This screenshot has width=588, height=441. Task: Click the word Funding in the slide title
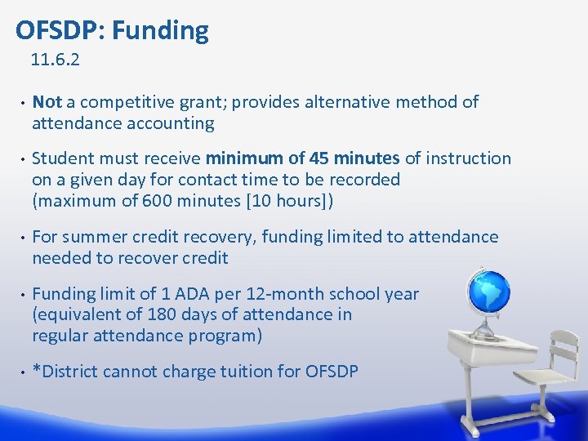160,31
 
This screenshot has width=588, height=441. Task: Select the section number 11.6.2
55,60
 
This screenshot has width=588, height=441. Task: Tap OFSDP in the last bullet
331,372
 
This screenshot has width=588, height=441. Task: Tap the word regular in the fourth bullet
60,336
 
